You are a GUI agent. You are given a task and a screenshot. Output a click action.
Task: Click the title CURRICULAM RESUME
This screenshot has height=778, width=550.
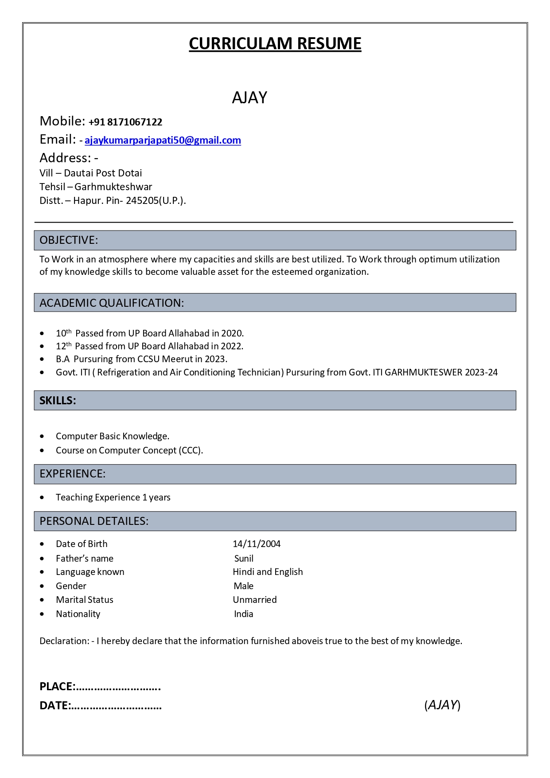275,43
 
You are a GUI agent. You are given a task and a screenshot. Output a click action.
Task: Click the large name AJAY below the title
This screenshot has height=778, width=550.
250,98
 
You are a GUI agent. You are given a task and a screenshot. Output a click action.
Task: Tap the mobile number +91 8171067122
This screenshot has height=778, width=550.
125,122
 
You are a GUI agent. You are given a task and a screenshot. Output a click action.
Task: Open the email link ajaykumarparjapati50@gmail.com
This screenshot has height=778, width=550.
163,141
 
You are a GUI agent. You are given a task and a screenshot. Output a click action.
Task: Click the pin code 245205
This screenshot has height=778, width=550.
142,200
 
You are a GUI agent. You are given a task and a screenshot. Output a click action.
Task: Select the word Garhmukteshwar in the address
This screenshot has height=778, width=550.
113,187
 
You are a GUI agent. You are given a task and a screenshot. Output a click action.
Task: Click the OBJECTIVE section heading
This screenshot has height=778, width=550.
69,240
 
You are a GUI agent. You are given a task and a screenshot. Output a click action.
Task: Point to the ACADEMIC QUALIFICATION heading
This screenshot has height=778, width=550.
111,303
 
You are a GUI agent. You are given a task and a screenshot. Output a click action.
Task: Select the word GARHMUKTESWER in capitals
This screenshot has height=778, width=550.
423,372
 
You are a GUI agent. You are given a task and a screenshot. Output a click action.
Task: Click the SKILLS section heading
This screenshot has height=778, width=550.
58,401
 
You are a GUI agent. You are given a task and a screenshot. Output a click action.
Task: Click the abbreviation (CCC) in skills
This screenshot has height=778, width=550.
191,450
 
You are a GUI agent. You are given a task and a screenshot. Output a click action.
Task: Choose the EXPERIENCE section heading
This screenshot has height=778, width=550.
72,474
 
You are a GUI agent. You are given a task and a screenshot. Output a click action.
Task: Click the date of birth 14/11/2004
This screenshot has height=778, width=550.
257,544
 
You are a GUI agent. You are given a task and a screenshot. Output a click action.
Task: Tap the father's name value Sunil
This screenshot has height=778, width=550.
244,559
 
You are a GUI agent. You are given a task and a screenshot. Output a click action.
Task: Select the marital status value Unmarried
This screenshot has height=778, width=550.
255,600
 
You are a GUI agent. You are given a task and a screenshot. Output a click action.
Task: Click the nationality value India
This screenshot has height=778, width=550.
243,614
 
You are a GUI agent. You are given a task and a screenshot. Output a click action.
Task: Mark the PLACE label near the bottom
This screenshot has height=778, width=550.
57,687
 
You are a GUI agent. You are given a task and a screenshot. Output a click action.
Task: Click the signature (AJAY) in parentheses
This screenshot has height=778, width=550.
442,705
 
